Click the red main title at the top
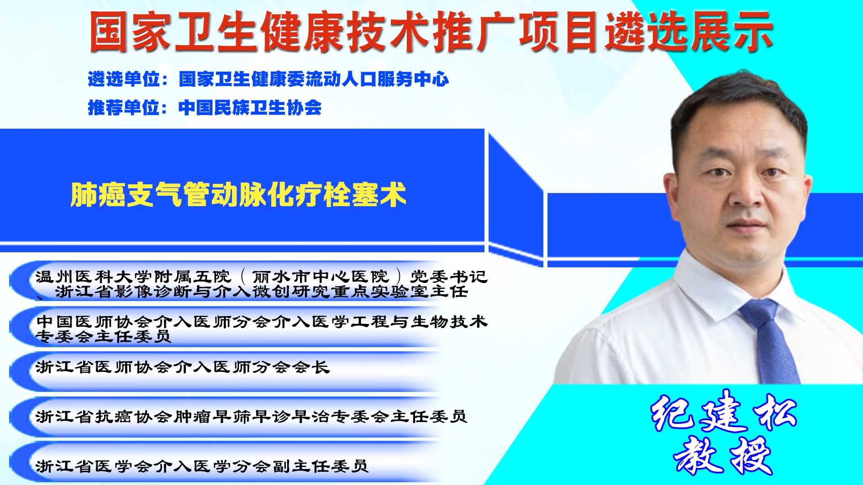[431, 31]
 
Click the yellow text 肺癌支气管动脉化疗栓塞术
[238, 195]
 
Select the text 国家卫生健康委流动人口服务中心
[314, 79]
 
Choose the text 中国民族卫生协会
[250, 108]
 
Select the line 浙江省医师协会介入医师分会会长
[182, 367]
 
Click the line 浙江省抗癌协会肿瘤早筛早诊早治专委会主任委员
[251, 417]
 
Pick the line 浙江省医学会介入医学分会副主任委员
[202, 466]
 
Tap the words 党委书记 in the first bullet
[449, 277]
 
